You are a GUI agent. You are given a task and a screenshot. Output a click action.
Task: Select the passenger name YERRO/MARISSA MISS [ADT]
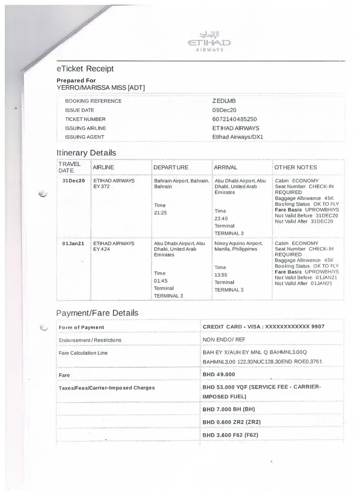(101, 88)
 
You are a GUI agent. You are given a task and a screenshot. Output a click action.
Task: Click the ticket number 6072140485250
(235, 119)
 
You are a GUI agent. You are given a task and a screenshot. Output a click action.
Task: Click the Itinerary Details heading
(86, 152)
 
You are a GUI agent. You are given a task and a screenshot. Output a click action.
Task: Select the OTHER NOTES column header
(296, 167)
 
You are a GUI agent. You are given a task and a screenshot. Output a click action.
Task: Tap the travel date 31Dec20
(73, 181)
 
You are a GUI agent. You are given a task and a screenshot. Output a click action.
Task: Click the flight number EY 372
(102, 187)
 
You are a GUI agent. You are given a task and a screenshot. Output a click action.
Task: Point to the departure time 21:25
(161, 213)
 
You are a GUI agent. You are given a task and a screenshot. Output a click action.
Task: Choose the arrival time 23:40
(221, 218)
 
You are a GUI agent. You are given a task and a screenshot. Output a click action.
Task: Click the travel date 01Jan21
(73, 244)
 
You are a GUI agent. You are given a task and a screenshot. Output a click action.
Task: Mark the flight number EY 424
(102, 249)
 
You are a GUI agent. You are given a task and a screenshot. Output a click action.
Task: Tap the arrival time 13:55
(221, 275)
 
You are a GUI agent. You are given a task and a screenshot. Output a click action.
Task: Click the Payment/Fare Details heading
(97, 313)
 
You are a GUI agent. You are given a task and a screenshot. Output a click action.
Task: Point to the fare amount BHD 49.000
(219, 374)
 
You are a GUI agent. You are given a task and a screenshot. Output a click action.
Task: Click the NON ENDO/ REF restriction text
(224, 340)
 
